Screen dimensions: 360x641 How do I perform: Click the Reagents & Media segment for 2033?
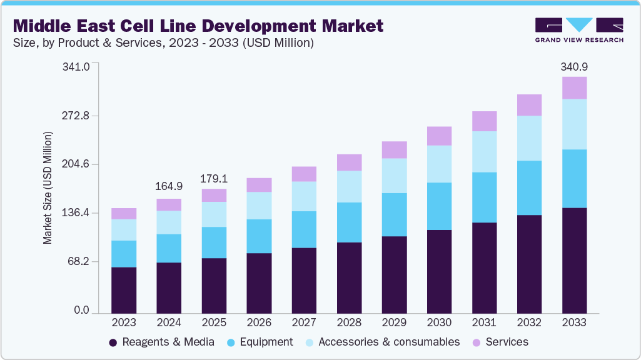coord(574,260)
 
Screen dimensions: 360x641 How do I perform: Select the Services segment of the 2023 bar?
coord(124,214)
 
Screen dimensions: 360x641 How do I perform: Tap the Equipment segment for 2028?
coord(349,222)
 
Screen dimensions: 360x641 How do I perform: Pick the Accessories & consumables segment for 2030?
coord(439,164)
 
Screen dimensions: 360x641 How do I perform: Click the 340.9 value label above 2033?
coord(574,67)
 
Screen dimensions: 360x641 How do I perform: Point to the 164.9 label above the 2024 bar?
coord(169,186)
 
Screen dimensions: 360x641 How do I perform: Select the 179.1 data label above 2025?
coord(214,179)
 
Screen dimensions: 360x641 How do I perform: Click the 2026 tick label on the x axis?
coord(259,322)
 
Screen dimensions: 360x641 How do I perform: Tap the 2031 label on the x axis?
coord(484,322)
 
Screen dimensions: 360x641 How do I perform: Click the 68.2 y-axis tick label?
coord(79,261)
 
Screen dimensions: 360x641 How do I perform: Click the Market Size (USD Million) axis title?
coord(48,187)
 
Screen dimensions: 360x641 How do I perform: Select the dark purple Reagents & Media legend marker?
coord(113,342)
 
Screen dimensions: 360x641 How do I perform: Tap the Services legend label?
coord(507,342)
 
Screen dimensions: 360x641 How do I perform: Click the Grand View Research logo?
coord(579,29)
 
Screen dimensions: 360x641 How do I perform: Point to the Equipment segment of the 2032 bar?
coord(529,187)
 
